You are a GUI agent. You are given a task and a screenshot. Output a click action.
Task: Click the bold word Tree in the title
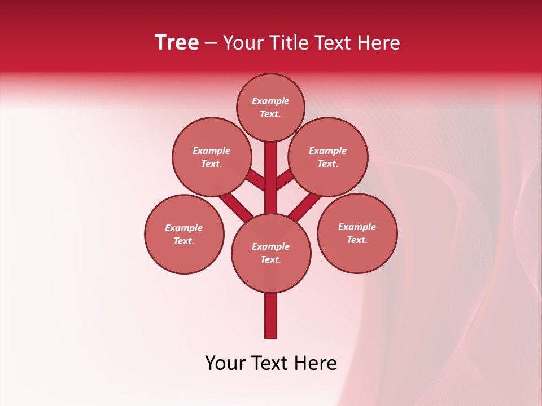[177, 42]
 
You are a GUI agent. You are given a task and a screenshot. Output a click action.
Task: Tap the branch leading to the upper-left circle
[256, 180]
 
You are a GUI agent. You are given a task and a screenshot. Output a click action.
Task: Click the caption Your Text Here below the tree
[271, 363]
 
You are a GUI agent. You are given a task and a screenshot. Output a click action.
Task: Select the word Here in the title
[379, 43]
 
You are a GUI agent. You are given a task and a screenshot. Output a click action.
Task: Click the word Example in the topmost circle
[270, 101]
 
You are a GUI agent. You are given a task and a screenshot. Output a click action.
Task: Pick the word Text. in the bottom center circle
[270, 260]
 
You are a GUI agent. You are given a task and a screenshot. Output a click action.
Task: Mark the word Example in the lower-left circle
[183, 228]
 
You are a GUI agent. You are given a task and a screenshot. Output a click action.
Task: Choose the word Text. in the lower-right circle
[357, 240]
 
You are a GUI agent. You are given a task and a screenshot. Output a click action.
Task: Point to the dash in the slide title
[211, 43]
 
